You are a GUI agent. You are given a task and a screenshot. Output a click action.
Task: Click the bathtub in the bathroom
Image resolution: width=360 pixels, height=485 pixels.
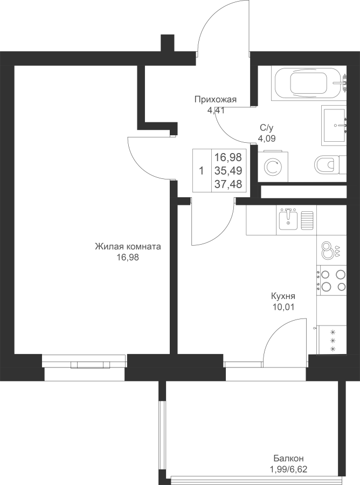point(308,83)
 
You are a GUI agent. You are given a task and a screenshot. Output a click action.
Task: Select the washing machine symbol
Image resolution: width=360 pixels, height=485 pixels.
point(273,167)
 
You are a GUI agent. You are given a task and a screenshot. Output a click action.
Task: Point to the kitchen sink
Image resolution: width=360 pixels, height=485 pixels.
point(288,219)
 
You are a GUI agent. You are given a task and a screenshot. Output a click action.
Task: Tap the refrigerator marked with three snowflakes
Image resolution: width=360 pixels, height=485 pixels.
point(332,340)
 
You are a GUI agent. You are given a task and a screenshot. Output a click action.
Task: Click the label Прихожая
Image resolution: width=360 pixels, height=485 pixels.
point(215,100)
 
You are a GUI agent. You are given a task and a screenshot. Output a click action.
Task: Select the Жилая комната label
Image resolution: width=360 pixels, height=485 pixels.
point(128,247)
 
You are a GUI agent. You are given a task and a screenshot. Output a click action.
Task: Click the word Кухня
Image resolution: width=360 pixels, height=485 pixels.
point(283,296)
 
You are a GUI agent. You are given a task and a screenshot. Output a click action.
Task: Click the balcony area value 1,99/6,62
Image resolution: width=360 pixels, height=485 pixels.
point(288,470)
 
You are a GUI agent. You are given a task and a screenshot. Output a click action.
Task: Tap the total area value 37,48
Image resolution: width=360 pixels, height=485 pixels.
point(229,184)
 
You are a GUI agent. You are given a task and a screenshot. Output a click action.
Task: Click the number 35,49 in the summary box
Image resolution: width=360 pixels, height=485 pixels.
point(229,170)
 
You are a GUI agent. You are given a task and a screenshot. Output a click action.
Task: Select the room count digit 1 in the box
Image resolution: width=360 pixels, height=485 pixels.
point(202,170)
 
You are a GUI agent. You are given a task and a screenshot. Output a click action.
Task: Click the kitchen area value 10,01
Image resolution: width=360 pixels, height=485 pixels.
point(283,307)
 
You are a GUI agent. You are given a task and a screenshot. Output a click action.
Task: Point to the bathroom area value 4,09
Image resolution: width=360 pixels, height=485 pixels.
point(267,138)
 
